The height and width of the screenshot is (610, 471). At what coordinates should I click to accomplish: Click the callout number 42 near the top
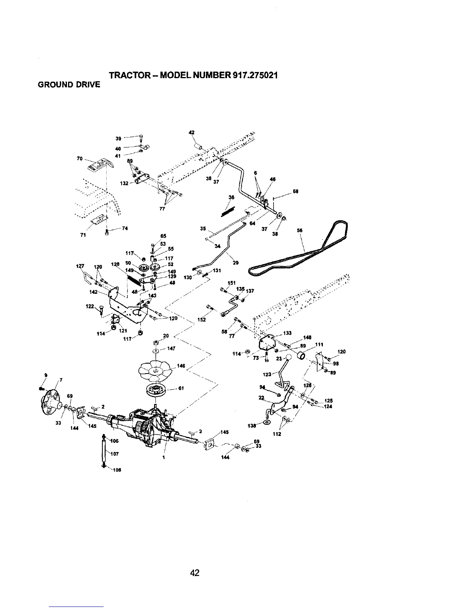coord(191,132)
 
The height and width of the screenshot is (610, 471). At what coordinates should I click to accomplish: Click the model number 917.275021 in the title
coord(255,75)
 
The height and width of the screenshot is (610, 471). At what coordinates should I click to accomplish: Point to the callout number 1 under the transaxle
coord(164,457)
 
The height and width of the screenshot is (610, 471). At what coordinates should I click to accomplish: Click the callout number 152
coord(201,319)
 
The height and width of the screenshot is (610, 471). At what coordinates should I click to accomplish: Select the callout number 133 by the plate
coord(287,333)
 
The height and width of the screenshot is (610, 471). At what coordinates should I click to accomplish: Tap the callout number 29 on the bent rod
coord(236,263)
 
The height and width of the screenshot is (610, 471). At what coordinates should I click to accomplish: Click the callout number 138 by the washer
coord(252,426)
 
